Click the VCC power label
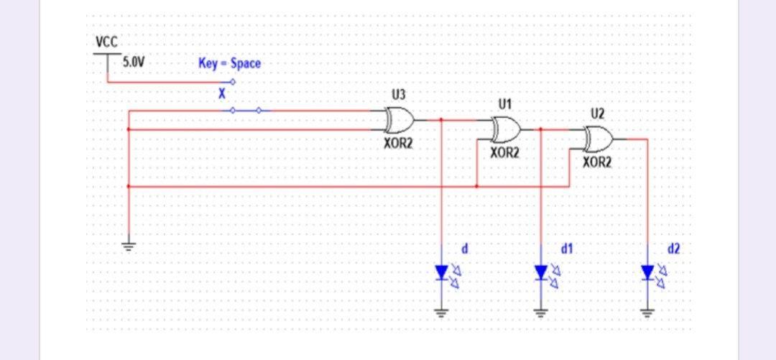[107, 42]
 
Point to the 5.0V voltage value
[132, 63]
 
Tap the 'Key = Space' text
[229, 63]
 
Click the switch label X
[222, 93]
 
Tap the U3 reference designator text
[399, 94]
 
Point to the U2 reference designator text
[598, 113]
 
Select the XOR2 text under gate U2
[597, 162]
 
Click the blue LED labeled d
[442, 272]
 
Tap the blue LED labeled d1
[541, 272]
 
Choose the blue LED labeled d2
[647, 272]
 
